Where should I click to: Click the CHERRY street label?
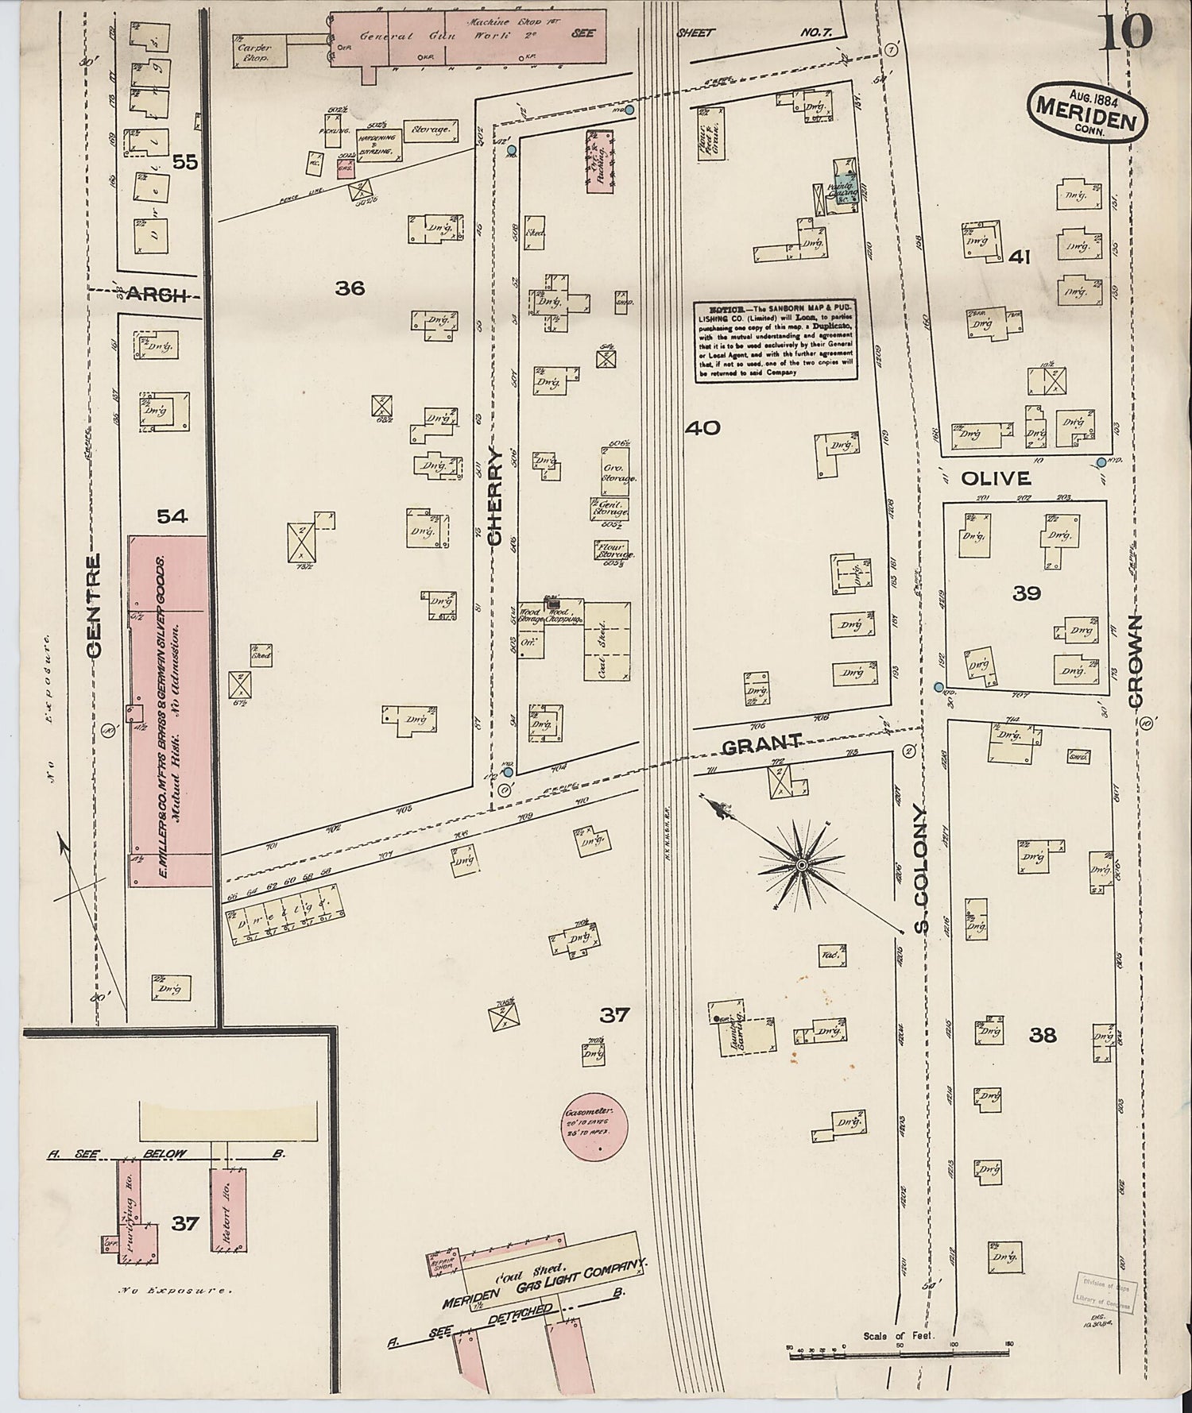point(495,497)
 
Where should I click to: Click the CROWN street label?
point(1134,661)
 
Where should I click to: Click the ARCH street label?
point(152,295)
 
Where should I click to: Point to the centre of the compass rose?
point(802,863)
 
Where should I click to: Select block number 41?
point(1020,257)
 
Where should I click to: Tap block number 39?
point(1026,593)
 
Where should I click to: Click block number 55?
point(184,163)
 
